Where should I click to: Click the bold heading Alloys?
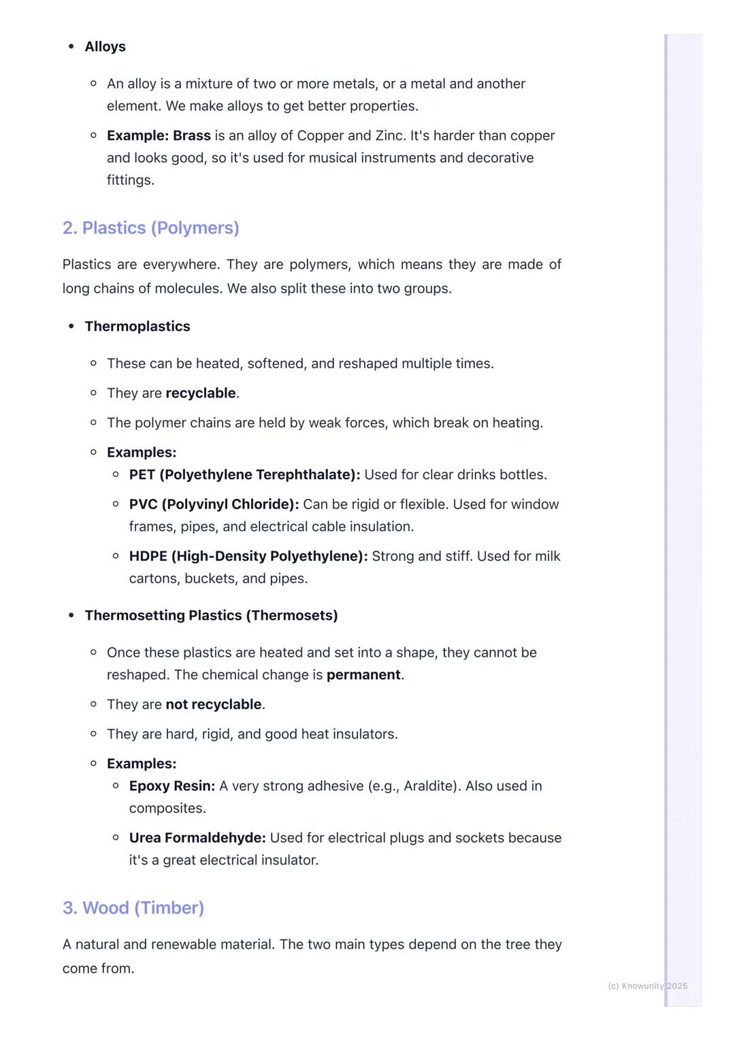105,47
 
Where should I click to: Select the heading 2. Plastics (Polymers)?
150,228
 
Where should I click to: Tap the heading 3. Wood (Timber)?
133,908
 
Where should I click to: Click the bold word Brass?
192,136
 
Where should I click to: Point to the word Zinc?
390,136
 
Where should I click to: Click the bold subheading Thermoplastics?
137,327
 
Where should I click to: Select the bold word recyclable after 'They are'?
201,393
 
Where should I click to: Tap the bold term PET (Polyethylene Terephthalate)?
244,475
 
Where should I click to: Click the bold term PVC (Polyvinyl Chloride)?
214,504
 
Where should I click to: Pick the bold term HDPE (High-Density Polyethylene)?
248,557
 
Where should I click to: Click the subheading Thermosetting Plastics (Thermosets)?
211,616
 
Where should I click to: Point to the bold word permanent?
363,675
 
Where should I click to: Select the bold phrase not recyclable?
214,704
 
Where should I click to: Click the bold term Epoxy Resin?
172,786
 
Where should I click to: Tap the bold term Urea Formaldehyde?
197,838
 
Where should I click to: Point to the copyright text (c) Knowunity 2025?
647,986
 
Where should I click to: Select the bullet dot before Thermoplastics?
71,327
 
